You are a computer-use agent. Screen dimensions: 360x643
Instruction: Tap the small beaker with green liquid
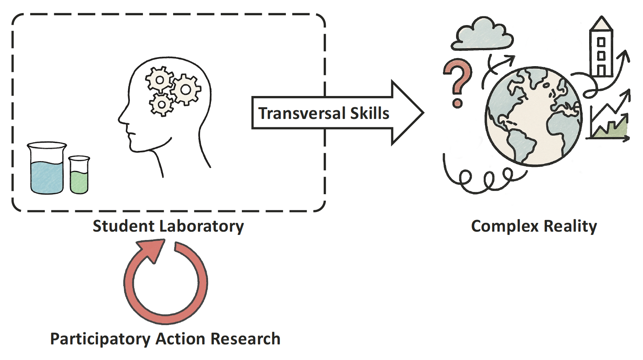79,176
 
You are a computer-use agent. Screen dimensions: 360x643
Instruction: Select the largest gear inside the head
186,89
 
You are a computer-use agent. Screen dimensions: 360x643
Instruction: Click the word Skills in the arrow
370,113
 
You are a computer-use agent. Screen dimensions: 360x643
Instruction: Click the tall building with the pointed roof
601,47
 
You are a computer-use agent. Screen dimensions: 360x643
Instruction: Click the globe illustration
534,116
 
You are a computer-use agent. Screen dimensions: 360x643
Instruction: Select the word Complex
504,226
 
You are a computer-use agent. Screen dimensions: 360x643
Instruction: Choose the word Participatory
100,339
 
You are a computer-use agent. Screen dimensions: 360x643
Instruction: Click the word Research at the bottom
245,339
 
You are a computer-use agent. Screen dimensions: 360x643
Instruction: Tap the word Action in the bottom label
180,339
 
